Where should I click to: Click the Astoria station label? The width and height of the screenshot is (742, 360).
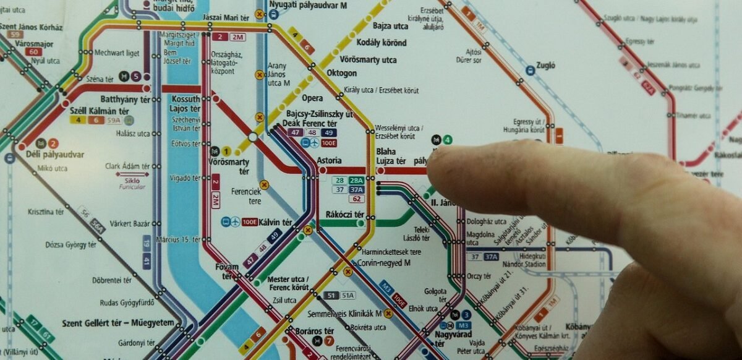[328, 160]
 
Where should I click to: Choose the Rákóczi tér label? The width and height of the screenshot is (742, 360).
[344, 215]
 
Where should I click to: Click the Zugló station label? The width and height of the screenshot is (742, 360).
[547, 65]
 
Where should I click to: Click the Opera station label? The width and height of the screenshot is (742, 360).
[312, 98]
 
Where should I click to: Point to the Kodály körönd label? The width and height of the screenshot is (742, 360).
[382, 43]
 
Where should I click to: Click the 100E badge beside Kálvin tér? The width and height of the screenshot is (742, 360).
[250, 222]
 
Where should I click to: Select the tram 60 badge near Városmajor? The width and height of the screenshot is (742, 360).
[34, 51]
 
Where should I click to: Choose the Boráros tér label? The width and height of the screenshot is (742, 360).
[314, 331]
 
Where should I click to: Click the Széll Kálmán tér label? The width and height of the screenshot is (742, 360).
[99, 111]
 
